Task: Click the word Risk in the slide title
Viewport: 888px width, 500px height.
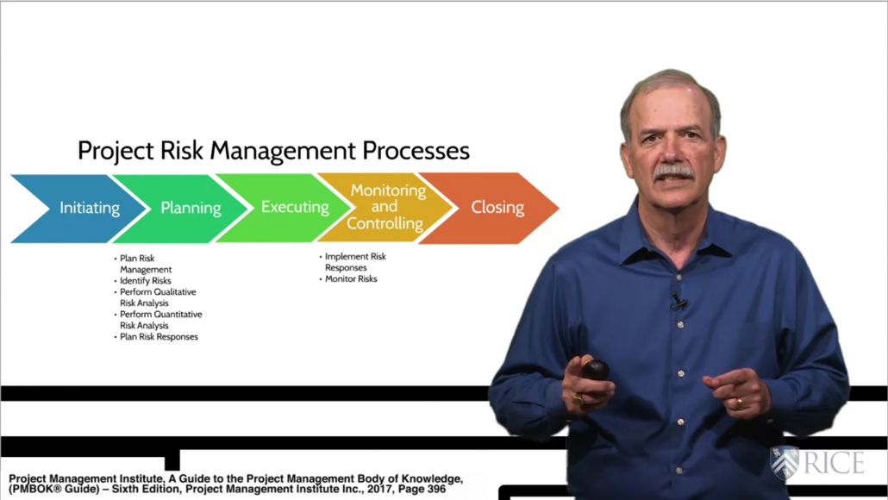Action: [181, 151]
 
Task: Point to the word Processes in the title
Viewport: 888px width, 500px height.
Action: [416, 151]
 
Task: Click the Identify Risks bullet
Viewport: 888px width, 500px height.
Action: [145, 281]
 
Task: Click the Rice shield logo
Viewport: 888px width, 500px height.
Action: [785, 462]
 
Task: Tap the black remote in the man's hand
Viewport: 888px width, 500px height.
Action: [594, 371]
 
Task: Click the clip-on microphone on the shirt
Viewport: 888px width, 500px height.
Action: [678, 301]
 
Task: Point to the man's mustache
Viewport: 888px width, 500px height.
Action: [673, 172]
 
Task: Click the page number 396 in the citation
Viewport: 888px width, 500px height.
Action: [435, 490]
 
